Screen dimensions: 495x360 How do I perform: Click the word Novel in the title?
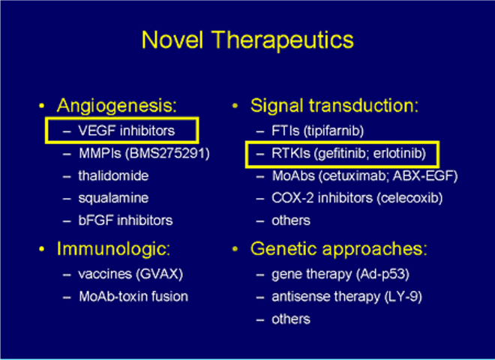(172, 40)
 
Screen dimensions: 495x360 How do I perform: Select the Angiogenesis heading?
(117, 106)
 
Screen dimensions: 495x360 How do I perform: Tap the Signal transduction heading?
(334, 106)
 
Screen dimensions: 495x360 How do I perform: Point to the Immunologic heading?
(114, 249)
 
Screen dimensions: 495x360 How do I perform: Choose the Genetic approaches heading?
(339, 249)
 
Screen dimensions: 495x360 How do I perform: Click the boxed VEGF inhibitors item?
(127, 130)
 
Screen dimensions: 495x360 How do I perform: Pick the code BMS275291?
(167, 154)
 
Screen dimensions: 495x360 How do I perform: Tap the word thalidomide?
(113, 176)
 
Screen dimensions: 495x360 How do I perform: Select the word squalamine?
(113, 199)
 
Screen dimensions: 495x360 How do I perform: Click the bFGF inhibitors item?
(125, 220)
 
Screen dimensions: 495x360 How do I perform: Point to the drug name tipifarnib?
(334, 131)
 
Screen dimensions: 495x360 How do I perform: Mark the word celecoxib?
(409, 198)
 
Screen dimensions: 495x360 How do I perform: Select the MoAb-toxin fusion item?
(133, 296)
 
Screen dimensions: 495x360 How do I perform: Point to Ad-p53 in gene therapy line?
(382, 274)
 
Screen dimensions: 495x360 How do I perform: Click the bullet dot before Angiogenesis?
(42, 106)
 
